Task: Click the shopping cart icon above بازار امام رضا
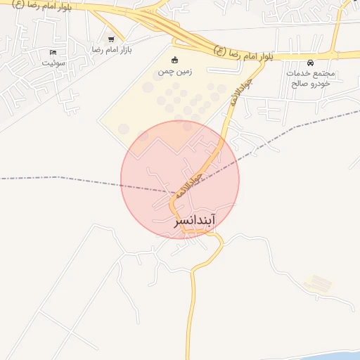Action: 111,39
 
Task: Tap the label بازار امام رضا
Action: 112,50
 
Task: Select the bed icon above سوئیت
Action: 53,53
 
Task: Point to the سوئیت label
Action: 53,63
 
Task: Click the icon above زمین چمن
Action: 175,59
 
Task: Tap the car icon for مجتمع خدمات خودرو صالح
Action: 311,63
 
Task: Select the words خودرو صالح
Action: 311,83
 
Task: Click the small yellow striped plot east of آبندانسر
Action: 318,284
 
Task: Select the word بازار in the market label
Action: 125,50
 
